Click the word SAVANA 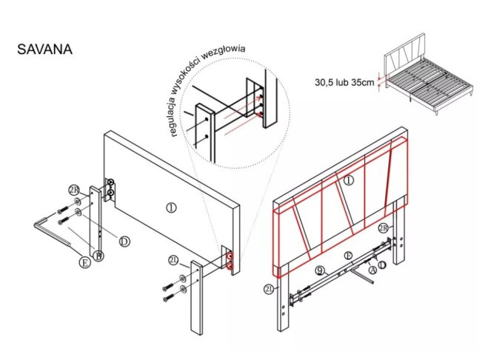tap(44, 50)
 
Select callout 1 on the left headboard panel tap(171, 208)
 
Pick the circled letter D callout tap(124, 241)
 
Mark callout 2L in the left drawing tap(173, 260)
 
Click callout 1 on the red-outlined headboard tap(349, 180)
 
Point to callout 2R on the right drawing tap(384, 227)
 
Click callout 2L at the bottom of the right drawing tap(269, 290)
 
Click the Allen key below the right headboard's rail tap(362, 273)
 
